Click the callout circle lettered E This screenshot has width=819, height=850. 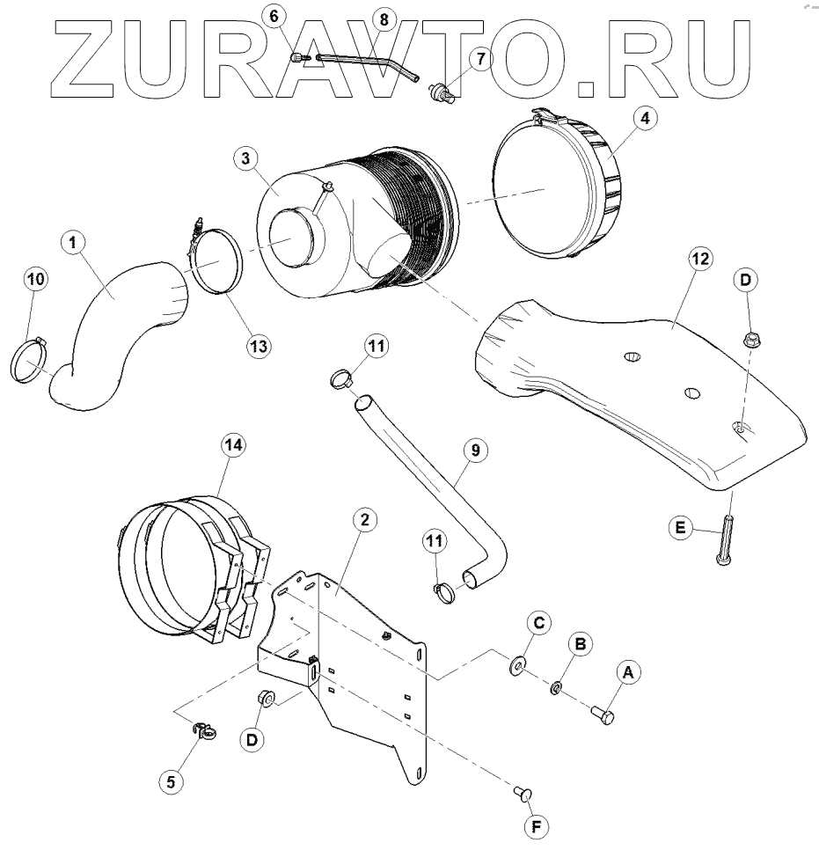click(679, 529)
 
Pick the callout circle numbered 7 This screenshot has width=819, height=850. click(480, 59)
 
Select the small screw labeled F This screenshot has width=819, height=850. click(523, 795)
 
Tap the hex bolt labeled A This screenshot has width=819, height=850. click(602, 713)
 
